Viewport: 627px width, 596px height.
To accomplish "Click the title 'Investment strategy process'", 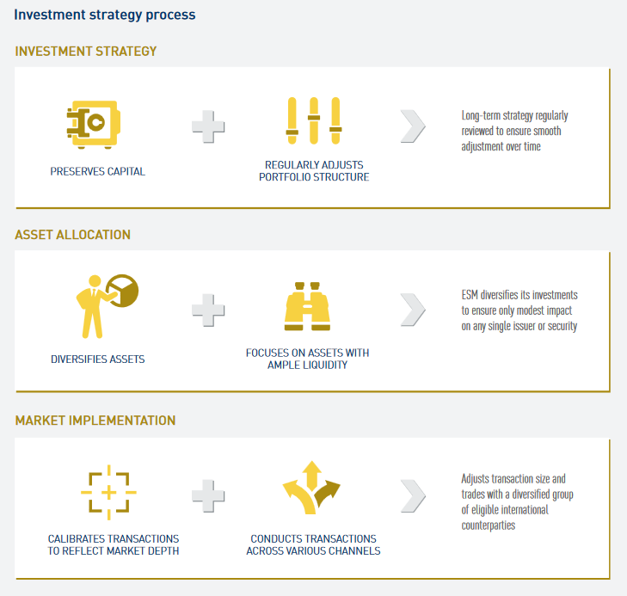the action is click(x=105, y=15).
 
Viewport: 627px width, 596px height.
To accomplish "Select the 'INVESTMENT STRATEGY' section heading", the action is click(x=85, y=51).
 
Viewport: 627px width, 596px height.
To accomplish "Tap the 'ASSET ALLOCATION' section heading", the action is click(x=73, y=235).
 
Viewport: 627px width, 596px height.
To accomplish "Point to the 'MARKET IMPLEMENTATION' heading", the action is click(x=95, y=421).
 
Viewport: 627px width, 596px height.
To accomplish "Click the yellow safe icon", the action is click(x=94, y=125).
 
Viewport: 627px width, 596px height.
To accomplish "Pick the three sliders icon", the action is click(x=314, y=120).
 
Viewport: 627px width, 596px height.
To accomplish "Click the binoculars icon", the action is click(x=307, y=306).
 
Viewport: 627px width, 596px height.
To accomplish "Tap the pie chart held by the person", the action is click(x=123, y=291).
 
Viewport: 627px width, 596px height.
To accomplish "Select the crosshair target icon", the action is click(x=108, y=493).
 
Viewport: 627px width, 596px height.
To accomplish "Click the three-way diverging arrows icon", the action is click(x=311, y=488).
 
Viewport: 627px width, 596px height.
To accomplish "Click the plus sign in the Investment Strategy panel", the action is click(x=208, y=126).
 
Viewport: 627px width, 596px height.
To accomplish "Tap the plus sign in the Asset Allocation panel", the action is click(x=208, y=310).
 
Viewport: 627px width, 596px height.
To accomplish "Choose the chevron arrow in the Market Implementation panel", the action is click(x=413, y=496).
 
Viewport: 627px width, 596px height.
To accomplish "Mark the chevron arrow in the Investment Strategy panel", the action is click(x=413, y=126).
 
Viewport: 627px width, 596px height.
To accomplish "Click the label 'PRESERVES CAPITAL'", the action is click(x=97, y=171).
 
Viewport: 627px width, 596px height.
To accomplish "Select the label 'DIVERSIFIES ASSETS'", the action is click(x=97, y=359).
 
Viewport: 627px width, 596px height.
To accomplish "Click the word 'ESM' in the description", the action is click(x=470, y=295).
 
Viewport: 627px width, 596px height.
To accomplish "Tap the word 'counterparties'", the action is click(x=489, y=525).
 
